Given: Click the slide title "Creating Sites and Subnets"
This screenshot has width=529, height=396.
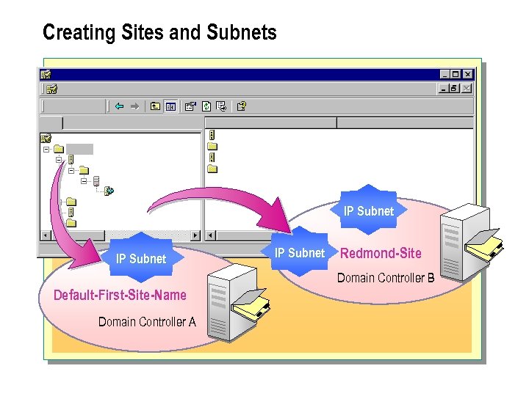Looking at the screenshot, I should [x=159, y=33].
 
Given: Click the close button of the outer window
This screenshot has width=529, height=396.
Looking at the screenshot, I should [x=468, y=74].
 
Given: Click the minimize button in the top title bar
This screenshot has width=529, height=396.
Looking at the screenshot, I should [x=445, y=74].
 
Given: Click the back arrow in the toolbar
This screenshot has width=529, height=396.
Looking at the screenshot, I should [x=119, y=106].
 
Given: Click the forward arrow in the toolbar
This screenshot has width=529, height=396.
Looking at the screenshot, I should [x=134, y=106].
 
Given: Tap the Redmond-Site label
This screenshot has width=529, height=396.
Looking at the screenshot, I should [x=381, y=253].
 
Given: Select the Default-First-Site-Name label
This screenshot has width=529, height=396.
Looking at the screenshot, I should [x=120, y=296].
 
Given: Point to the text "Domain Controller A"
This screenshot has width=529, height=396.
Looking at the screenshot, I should [x=147, y=321].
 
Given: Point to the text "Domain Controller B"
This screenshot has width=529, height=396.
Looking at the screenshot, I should [x=386, y=278].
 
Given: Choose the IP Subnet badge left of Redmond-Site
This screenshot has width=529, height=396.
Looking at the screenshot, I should [x=299, y=253].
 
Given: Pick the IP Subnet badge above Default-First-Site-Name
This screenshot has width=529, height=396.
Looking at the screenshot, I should [x=141, y=258].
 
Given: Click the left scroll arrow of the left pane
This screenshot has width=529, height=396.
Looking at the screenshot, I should [x=46, y=235].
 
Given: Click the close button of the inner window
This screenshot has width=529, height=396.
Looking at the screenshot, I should [x=467, y=88].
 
